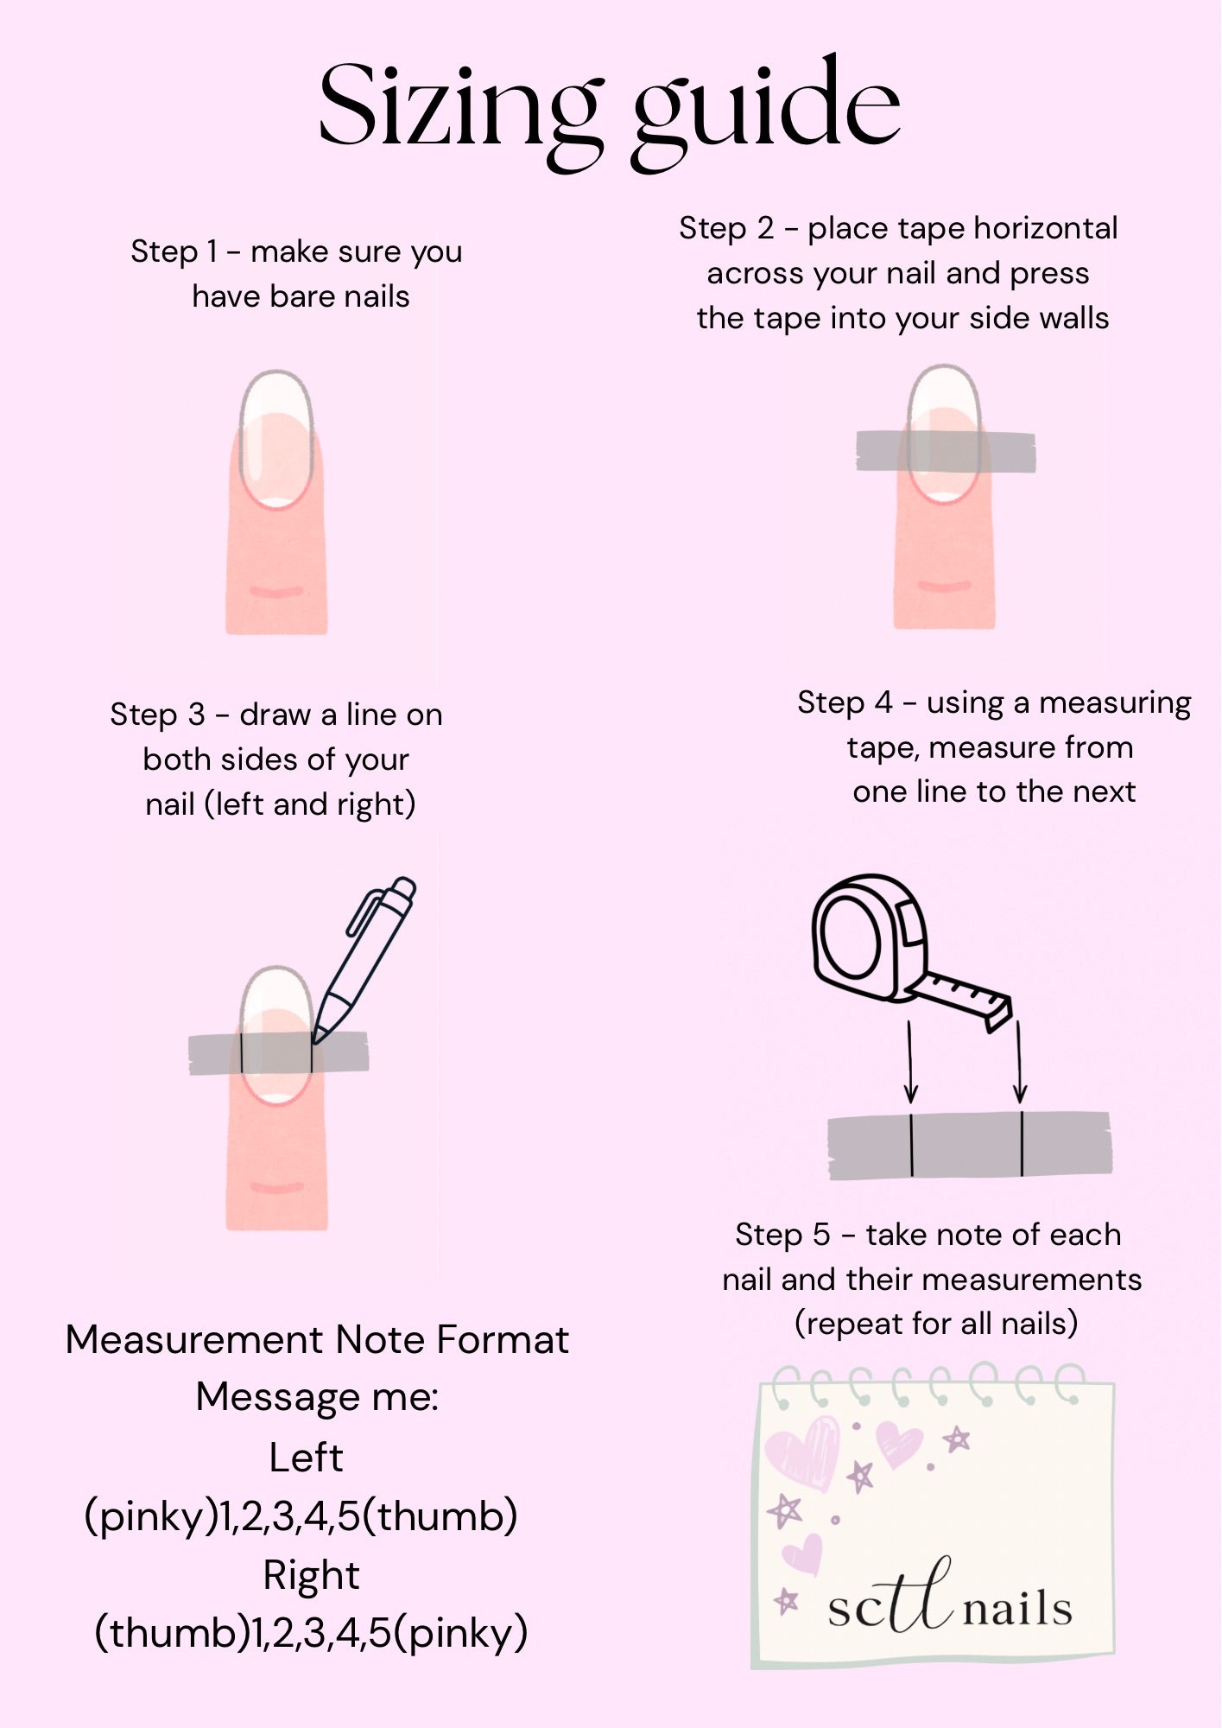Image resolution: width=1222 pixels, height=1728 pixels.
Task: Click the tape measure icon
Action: click(911, 950)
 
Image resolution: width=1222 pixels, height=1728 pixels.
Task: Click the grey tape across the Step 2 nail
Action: click(946, 451)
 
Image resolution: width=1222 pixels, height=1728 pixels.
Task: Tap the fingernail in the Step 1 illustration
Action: click(275, 439)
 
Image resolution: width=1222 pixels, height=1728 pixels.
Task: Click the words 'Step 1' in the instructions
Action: click(174, 251)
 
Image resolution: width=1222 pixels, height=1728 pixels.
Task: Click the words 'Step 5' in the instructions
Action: click(782, 1236)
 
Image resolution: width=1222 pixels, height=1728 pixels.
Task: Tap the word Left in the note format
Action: click(306, 1458)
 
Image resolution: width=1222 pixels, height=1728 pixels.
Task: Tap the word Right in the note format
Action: click(311, 1576)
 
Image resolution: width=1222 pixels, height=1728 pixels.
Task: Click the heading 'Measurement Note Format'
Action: click(317, 1340)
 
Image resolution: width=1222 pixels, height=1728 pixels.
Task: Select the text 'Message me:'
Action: click(317, 1397)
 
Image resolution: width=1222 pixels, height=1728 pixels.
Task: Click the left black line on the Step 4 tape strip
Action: click(911, 1145)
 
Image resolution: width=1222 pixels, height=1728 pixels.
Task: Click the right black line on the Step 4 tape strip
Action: click(1022, 1144)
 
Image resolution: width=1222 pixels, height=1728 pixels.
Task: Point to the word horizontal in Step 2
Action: click(1047, 228)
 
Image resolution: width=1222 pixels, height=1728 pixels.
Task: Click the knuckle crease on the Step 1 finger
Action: click(276, 592)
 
